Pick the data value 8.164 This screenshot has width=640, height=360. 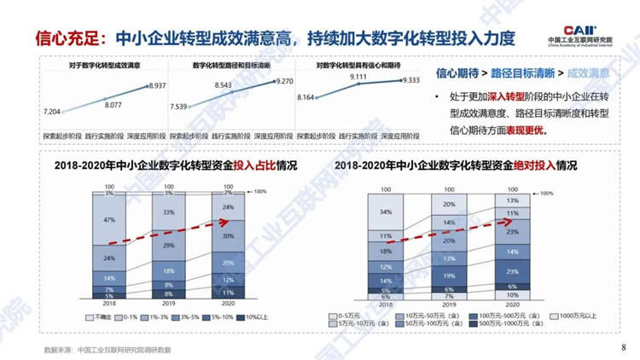tap(305, 98)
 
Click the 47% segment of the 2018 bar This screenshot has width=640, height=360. tap(109, 219)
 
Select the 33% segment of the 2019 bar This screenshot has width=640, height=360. tap(169, 212)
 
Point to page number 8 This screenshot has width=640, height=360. tap(623, 347)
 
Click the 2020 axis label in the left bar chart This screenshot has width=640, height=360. tap(228, 303)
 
